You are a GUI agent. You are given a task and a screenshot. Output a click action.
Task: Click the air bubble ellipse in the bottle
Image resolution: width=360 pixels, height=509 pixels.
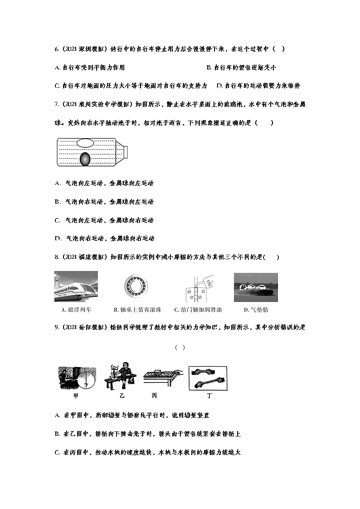coord(85,143)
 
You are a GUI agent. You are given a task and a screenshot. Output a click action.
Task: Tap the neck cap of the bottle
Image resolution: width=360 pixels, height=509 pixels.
coord(127,151)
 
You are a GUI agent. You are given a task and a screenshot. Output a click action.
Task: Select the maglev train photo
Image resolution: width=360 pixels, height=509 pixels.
coord(76,286)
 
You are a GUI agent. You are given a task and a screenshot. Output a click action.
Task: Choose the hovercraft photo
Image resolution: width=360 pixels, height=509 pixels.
coord(256,287)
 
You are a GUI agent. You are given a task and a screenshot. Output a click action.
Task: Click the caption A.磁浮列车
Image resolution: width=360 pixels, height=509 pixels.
coord(76,310)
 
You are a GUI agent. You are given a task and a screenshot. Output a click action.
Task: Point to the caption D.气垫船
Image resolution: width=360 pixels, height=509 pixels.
coord(256,310)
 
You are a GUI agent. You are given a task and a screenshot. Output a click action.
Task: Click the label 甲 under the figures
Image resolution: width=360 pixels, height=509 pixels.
coord(76,396)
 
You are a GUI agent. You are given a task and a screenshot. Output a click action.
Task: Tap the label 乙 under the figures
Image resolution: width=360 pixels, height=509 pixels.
coord(122,396)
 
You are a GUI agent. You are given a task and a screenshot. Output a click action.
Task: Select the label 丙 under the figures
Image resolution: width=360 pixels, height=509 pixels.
coord(155,396)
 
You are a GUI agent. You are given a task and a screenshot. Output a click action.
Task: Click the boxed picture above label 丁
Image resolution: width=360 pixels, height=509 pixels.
coord(208,378)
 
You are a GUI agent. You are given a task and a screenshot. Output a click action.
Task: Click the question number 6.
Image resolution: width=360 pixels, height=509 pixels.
coord(56,49)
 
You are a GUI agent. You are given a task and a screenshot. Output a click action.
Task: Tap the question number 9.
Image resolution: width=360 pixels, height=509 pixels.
coord(56,328)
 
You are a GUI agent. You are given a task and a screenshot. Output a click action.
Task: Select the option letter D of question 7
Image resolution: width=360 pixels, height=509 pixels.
coord(58,238)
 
